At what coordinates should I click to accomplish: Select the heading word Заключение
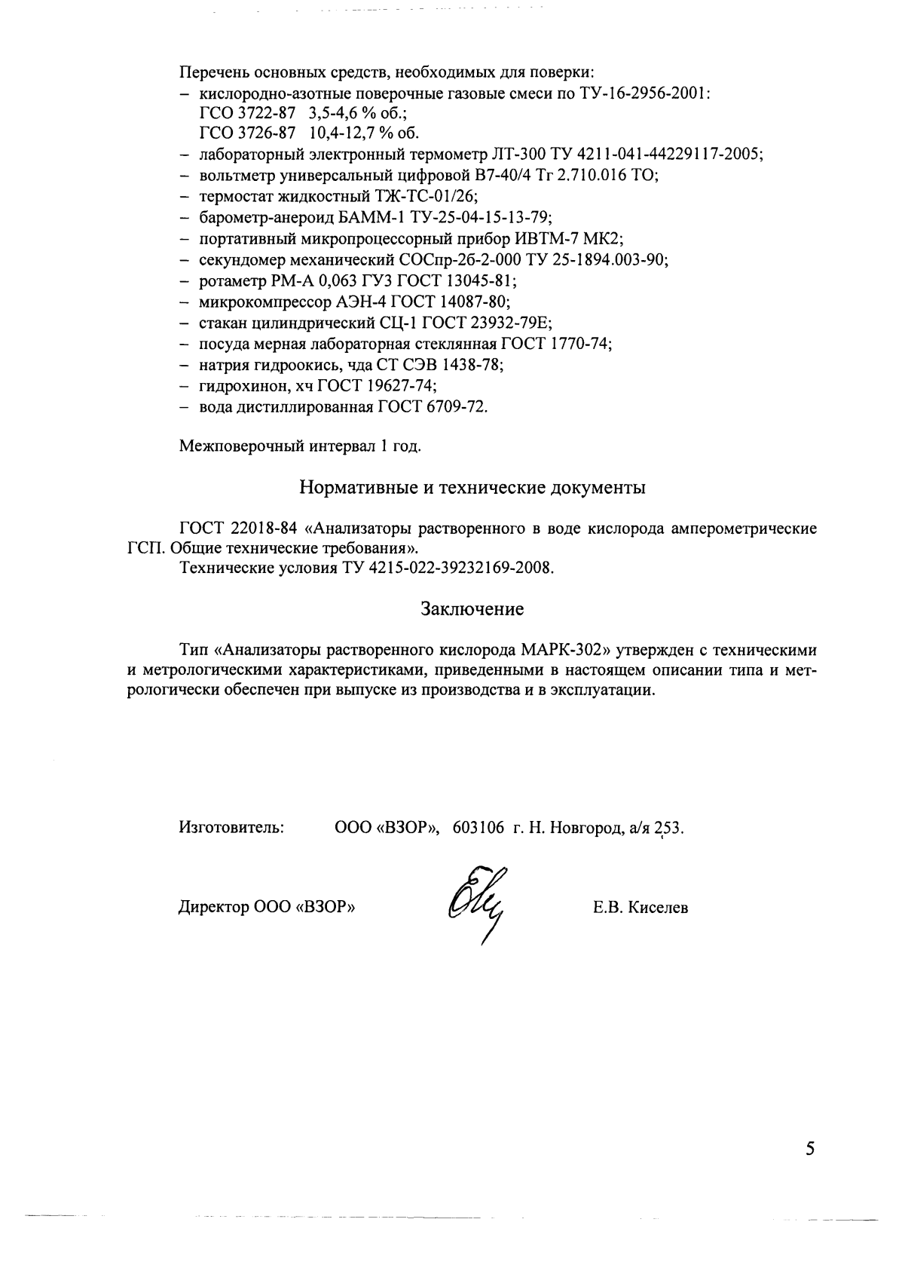click(472, 608)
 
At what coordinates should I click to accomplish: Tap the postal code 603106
click(478, 828)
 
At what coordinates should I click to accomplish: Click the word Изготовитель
click(231, 828)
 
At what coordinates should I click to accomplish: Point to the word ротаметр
click(228, 281)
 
